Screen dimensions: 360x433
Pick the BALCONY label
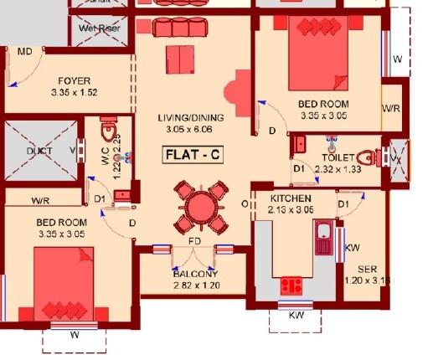(195, 274)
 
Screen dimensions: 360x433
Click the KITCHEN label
(291, 198)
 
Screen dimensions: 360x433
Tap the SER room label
(366, 270)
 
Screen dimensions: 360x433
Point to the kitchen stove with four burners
(291, 285)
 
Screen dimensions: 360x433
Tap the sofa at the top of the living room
(178, 28)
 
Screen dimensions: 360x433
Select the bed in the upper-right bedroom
(317, 57)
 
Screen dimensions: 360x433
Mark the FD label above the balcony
(193, 244)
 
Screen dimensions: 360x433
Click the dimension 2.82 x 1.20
(195, 285)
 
